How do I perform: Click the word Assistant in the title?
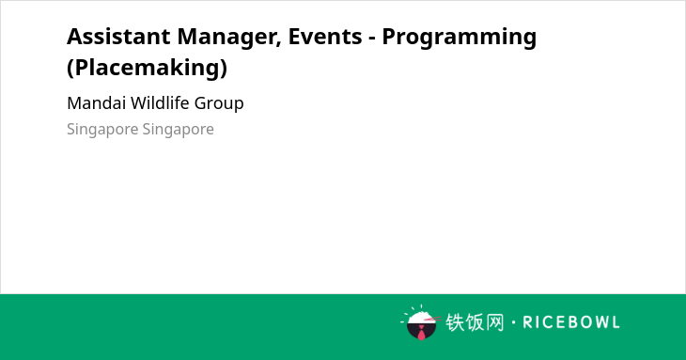[x=118, y=37]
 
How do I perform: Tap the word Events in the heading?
[x=325, y=37]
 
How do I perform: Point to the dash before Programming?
[x=372, y=38]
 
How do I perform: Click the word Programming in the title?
[x=460, y=38]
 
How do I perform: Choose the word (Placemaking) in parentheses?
[x=147, y=68]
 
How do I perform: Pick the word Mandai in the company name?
[x=96, y=103]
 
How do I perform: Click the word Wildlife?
[x=160, y=103]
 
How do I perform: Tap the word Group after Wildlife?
[x=219, y=104]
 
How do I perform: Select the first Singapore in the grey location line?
[x=102, y=130]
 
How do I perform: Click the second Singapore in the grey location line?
[x=178, y=130]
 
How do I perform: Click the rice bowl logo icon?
[x=421, y=322]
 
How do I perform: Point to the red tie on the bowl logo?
[x=421, y=333]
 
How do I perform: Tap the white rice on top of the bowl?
[x=421, y=316]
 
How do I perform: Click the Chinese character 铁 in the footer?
[x=455, y=322]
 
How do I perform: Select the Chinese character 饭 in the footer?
[x=475, y=322]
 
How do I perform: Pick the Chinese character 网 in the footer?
[x=495, y=322]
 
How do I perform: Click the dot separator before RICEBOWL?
[x=513, y=322]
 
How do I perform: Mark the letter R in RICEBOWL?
[x=527, y=322]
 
